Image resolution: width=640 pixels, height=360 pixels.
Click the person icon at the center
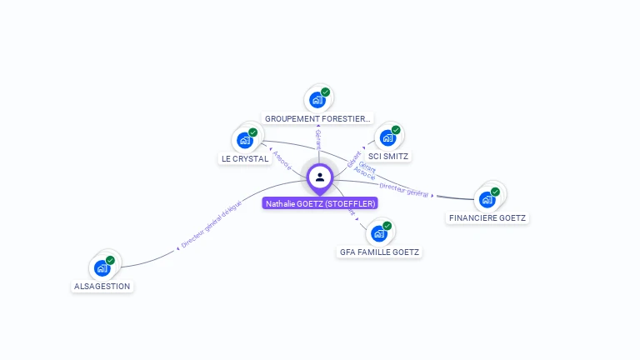[x=320, y=177]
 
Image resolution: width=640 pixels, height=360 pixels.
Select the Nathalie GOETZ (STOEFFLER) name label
[x=320, y=203]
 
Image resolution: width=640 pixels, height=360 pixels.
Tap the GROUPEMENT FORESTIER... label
[x=317, y=119]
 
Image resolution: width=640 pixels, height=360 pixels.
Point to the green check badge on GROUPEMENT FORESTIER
[x=325, y=92]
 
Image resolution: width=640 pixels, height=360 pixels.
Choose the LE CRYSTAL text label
[x=245, y=158]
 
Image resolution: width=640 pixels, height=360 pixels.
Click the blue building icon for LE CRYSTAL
[x=245, y=140]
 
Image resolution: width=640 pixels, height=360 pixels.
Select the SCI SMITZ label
[x=389, y=156]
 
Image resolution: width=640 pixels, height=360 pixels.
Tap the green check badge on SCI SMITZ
[x=396, y=130]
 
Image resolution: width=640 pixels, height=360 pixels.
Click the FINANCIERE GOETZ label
[x=487, y=217]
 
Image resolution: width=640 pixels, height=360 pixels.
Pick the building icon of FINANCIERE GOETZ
[x=487, y=200]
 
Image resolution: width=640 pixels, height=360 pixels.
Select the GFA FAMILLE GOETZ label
[x=380, y=252]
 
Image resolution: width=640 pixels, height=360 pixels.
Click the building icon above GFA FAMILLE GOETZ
[x=379, y=233]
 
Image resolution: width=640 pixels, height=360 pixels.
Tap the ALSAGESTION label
[x=102, y=286]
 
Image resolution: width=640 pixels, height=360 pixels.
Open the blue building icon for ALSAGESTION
[x=102, y=268]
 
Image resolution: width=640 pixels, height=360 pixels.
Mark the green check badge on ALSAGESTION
[x=110, y=260]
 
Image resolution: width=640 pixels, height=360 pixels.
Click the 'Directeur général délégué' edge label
[x=211, y=226]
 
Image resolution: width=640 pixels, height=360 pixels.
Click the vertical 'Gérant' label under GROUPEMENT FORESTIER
[x=318, y=139]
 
